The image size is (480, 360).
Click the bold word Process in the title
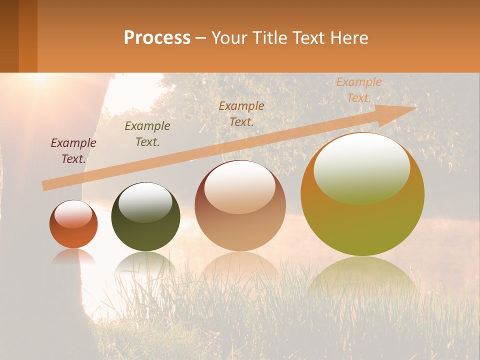tap(157, 38)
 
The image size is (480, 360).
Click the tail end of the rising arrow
tap(44, 186)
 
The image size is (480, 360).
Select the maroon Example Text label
tap(73, 151)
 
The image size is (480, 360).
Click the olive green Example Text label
tap(147, 134)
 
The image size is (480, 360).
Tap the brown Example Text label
tap(241, 114)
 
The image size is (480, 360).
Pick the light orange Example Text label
tap(359, 90)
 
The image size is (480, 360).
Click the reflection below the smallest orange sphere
tap(73, 256)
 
